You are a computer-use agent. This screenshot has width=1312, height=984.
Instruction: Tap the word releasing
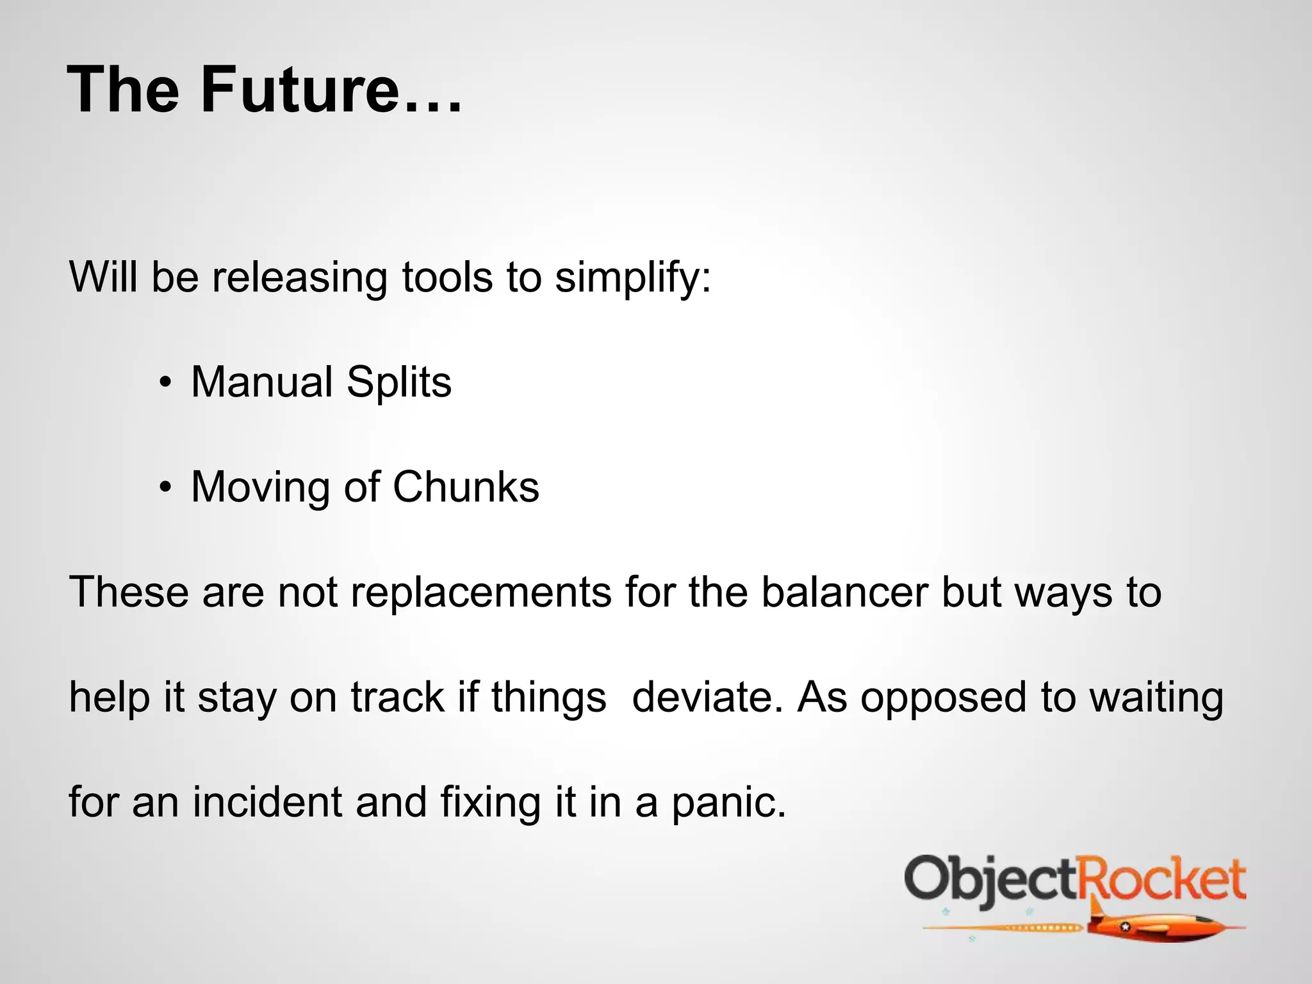coord(299,277)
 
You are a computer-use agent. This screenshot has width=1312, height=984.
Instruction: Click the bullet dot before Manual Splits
coord(166,383)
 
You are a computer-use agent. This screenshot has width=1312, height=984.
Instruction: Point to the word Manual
coord(261,382)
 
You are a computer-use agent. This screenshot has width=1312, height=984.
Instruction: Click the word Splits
coord(399,383)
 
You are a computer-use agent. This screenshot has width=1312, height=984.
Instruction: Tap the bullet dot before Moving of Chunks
coord(166,488)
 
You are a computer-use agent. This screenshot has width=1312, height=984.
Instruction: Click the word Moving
coord(260,488)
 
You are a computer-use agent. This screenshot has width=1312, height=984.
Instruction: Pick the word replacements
coord(480,593)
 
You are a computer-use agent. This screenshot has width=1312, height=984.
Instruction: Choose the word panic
coord(728,803)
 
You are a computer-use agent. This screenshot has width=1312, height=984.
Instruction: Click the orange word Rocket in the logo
coord(1161,880)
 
